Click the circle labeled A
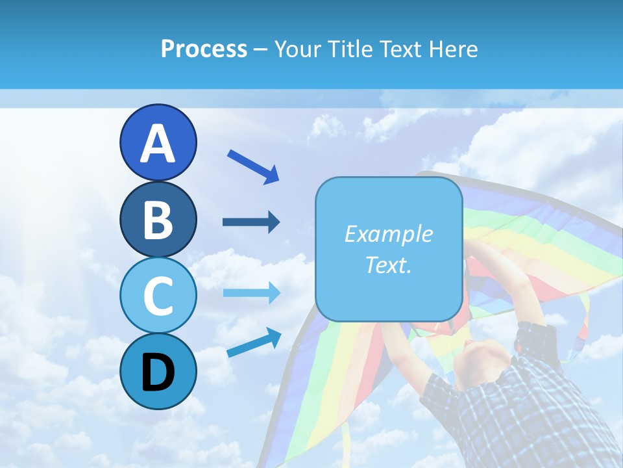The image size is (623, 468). coord(158,142)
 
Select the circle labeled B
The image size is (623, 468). coord(158,219)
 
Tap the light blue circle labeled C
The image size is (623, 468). coord(158,295)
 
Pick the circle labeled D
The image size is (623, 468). coord(158,371)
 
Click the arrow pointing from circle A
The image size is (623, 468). coord(253,166)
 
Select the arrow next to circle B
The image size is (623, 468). coord(251,222)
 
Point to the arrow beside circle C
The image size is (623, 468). coord(251,293)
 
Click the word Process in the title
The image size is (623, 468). coord(204,49)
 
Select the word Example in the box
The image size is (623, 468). coord(388,234)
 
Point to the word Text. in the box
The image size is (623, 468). coord(388,265)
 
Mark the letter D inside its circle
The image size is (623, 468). coord(158,373)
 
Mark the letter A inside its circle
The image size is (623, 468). coord(158,144)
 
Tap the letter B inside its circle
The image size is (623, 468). coord(158,220)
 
